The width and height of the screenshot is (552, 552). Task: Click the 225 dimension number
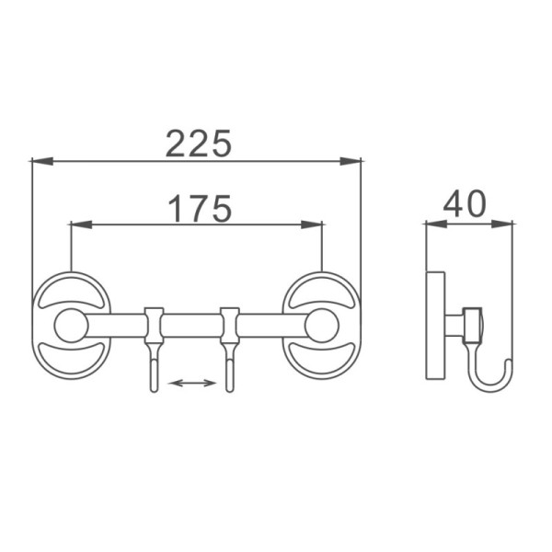[x=199, y=143]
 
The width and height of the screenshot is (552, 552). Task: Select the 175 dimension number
[x=200, y=209]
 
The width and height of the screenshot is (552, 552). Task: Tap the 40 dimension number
[x=465, y=203]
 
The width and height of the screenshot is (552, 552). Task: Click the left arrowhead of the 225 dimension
[x=42, y=161]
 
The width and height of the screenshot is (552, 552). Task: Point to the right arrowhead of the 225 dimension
[x=351, y=161]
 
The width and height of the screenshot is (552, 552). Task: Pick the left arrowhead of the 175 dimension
[x=82, y=224]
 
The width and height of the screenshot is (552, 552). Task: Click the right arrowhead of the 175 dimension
[x=312, y=224]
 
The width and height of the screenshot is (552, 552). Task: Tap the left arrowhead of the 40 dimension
[x=436, y=224]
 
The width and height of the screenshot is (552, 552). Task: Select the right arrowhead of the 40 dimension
[x=502, y=224]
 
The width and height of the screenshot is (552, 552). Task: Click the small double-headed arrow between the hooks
[x=192, y=383]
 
